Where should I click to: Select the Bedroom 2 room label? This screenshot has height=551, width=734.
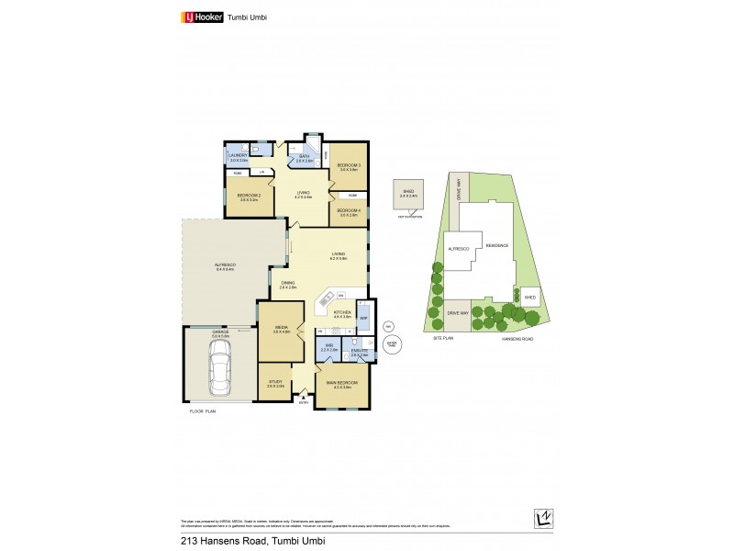250,197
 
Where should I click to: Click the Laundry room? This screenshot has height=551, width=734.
239,158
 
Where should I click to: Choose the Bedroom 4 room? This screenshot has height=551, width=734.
348,212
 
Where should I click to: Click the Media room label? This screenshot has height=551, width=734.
281,329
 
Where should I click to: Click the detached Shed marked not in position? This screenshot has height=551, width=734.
408,195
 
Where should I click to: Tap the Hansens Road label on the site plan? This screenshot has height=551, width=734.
516,338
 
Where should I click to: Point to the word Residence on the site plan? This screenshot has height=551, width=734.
498,244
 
